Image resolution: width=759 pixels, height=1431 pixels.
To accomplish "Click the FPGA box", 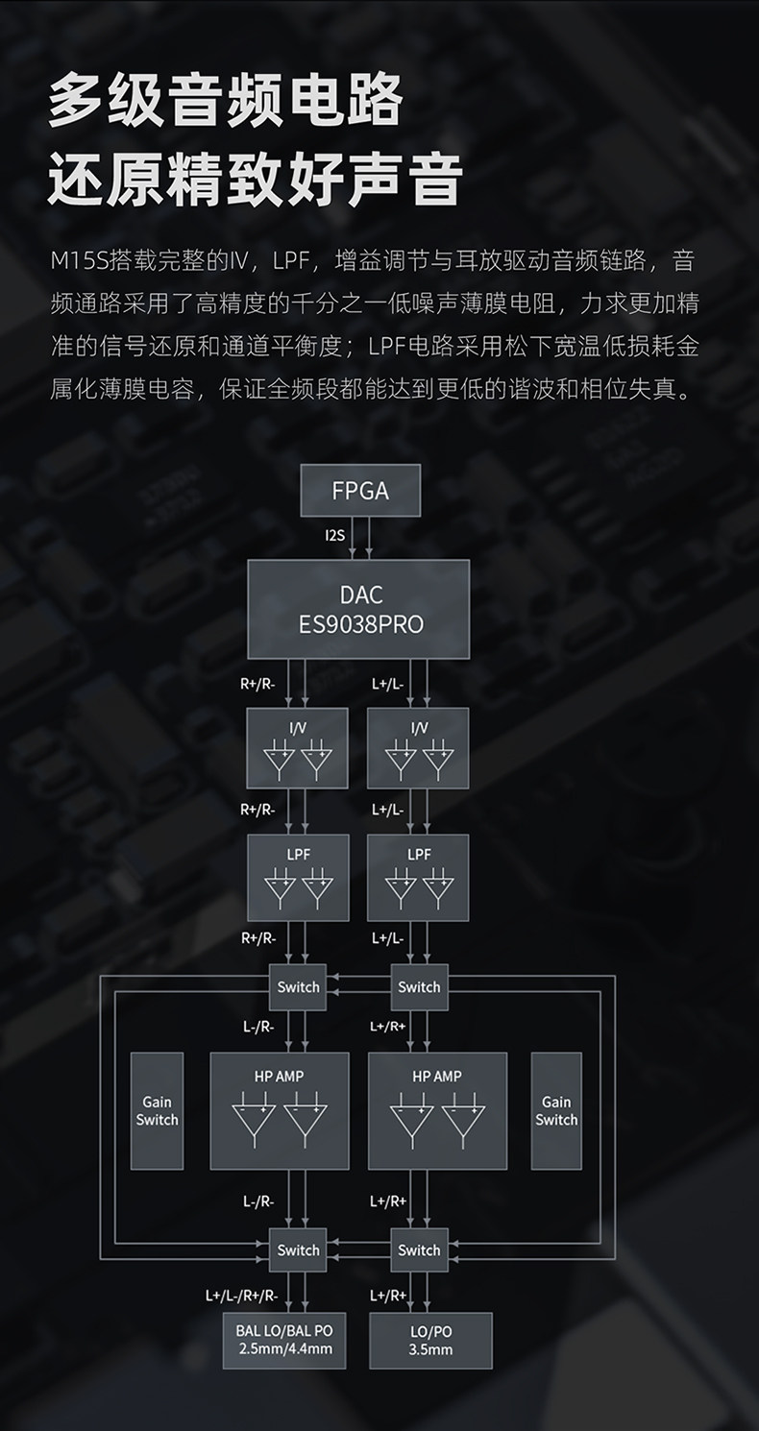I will [x=360, y=491].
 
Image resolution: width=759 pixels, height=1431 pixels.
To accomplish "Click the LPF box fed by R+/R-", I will [x=298, y=877].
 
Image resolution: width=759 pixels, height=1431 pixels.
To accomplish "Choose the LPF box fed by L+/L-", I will [x=418, y=877].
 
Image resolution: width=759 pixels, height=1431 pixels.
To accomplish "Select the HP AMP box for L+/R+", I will [x=437, y=1110].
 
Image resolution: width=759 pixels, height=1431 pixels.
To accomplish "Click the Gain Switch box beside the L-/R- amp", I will [x=157, y=1110].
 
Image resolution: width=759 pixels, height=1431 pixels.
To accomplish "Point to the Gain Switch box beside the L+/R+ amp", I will [x=556, y=1110].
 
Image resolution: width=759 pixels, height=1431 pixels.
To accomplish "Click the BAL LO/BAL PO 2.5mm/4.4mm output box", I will [x=284, y=1341].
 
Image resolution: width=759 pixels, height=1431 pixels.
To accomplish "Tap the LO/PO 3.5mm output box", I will [x=430, y=1341].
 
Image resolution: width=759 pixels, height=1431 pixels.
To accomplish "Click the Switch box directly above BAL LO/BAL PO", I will [x=298, y=1249].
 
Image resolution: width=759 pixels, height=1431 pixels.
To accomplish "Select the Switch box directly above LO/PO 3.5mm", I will [x=419, y=1249].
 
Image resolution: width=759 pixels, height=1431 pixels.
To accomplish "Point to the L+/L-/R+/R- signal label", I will [x=241, y=1295].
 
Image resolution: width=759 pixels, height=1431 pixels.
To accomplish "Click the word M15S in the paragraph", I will [x=80, y=260].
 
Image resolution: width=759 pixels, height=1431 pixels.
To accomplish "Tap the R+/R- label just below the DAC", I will [x=257, y=684].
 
